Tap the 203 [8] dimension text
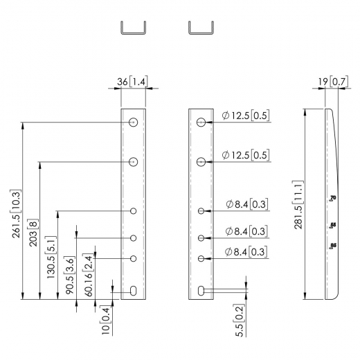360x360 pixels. [33, 229]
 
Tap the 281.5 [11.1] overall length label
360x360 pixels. [298, 207]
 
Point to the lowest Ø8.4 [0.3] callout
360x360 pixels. [247, 251]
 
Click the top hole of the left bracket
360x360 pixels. [133, 123]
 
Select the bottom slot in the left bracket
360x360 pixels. [133, 291]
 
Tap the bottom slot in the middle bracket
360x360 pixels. [201, 291]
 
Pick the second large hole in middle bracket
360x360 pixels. [201, 162]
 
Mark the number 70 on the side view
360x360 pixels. [333, 199]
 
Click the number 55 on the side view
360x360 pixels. [333, 224]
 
